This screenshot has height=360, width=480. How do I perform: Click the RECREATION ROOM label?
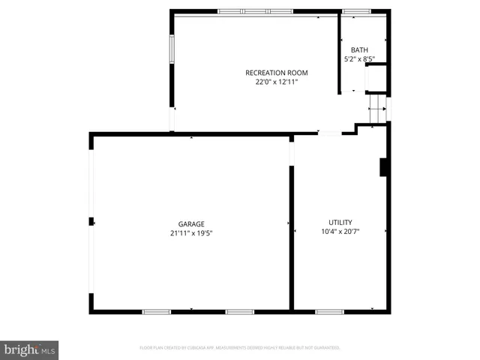coord(277,73)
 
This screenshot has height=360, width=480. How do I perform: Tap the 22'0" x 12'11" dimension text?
coord(277,82)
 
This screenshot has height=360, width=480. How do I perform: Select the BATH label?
coord(359,49)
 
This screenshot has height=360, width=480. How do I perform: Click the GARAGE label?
coord(191,223)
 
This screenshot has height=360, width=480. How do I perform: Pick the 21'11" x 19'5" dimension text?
coord(191,233)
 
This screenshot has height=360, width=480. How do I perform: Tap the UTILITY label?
coord(340,222)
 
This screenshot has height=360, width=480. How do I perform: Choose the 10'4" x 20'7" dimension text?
coord(340,232)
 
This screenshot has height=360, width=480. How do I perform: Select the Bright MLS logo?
coord(29,349)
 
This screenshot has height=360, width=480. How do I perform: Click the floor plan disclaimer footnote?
coord(240,348)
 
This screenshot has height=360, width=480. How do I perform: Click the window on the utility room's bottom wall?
coord(329,311)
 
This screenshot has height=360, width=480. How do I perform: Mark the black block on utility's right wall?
coord(384,166)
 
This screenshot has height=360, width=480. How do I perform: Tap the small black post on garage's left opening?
coord(91,221)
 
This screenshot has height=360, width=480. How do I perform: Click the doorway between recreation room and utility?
coord(329,133)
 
